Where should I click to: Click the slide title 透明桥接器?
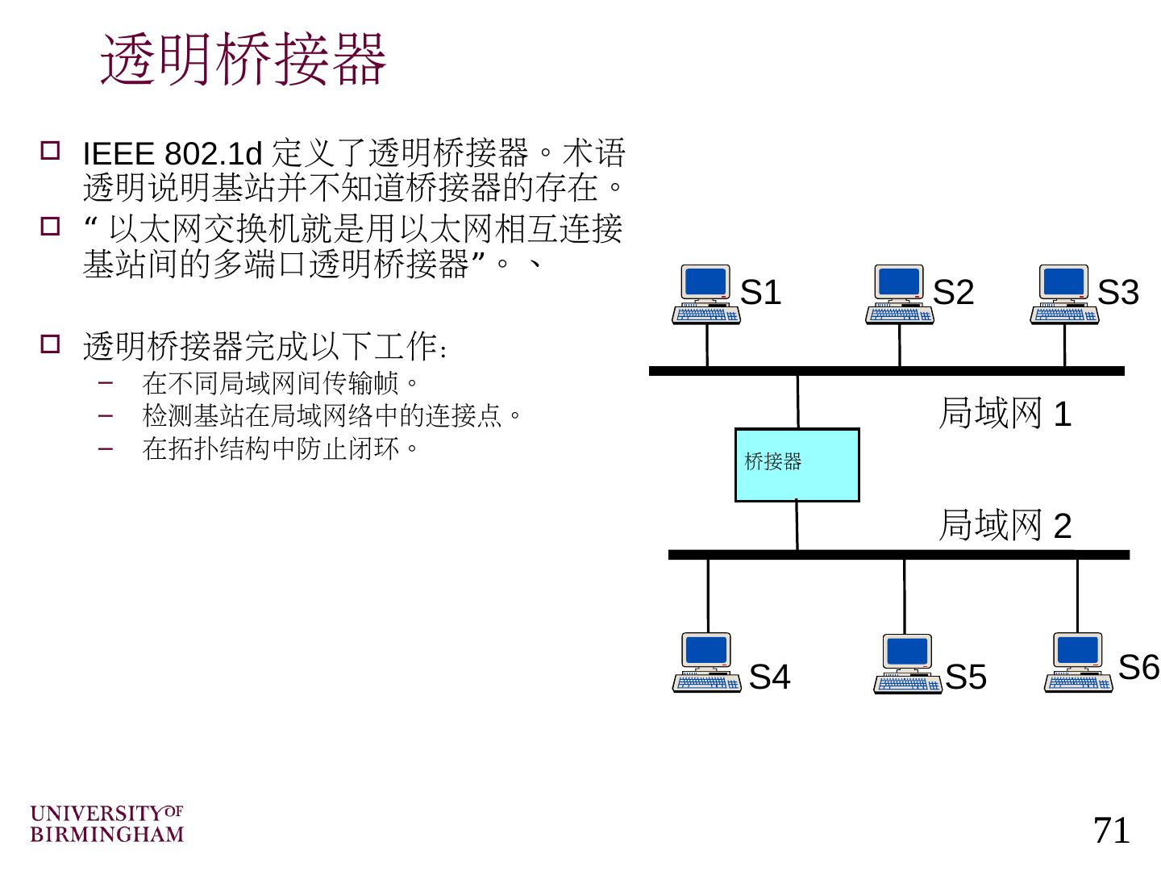coord(243,60)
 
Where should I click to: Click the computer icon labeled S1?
coord(705,294)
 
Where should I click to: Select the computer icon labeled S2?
coord(899,294)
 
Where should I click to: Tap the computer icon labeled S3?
coord(1063,294)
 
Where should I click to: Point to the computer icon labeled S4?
coord(706,662)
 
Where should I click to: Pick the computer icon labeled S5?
coord(907,664)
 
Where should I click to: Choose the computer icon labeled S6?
coord(1078,662)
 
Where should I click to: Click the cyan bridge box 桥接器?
coord(797,465)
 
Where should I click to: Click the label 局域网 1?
coord(1005,414)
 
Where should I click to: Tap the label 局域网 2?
coord(1005,525)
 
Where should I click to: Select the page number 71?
coord(1112,830)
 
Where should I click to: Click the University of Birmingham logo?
coord(106,823)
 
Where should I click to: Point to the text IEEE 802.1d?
coord(173,153)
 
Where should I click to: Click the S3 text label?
coord(1118,293)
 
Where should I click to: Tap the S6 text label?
coord(1138,668)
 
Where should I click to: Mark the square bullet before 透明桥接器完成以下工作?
coord(50,345)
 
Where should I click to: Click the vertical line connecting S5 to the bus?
coord(905,597)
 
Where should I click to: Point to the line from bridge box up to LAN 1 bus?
coord(798,401)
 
